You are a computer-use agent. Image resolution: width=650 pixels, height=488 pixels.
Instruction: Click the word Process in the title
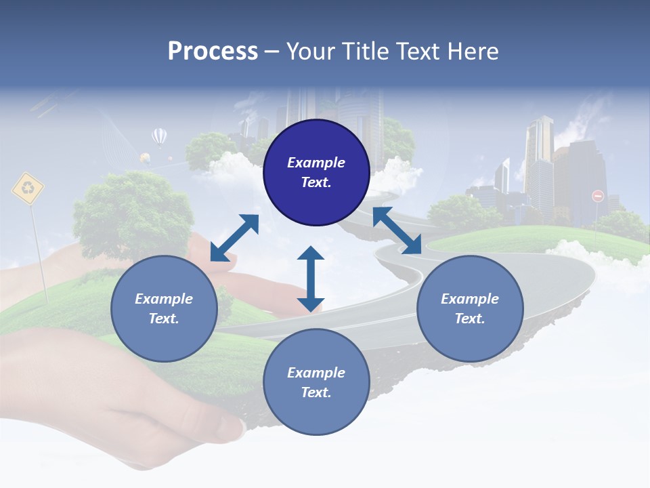click(x=213, y=52)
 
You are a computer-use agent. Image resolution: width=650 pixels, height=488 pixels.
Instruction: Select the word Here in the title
click(x=473, y=51)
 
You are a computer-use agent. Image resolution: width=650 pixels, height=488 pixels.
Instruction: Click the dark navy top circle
click(x=316, y=173)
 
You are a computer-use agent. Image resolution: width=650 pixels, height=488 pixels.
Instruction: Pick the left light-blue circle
click(x=164, y=308)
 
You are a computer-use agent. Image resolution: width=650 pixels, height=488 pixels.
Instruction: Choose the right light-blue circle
click(x=470, y=308)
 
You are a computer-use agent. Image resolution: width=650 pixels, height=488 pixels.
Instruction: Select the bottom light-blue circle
click(x=316, y=382)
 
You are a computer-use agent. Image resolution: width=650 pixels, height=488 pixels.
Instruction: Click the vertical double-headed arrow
click(x=311, y=279)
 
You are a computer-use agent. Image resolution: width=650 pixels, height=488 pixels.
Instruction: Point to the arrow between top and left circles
click(x=235, y=238)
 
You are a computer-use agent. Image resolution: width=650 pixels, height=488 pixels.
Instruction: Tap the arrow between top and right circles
click(x=397, y=230)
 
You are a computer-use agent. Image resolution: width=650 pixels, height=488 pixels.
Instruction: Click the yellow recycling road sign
click(x=28, y=188)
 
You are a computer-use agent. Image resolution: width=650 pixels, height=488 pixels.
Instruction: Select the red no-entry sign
click(x=598, y=196)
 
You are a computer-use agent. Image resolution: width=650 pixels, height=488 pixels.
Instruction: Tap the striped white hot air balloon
click(x=159, y=138)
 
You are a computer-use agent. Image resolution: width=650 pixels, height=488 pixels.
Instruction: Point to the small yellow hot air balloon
click(x=145, y=159)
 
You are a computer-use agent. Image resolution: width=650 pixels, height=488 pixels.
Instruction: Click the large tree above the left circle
click(x=133, y=216)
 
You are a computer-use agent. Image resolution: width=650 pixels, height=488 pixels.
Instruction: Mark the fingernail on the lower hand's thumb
click(x=232, y=428)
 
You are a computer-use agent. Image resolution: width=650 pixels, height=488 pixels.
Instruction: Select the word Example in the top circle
click(x=316, y=163)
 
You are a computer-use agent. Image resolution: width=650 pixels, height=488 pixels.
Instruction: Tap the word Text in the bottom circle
click(x=316, y=392)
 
